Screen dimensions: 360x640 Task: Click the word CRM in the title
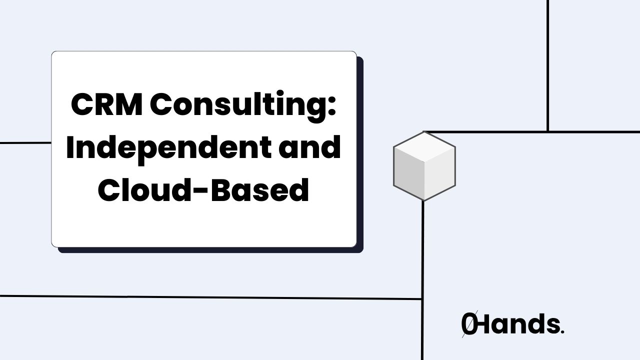[106, 105]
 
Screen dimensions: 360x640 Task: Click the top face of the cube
[424, 146]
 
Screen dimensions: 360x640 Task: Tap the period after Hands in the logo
[562, 332]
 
